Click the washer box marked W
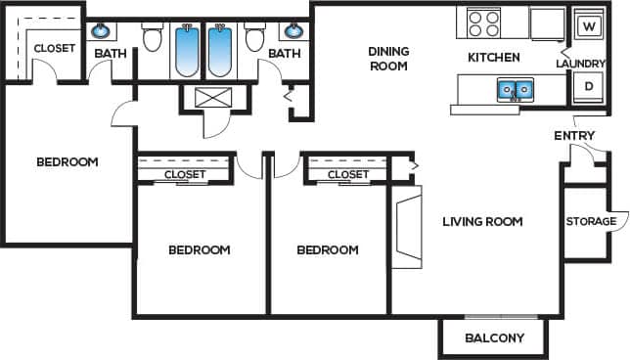pos(588,25)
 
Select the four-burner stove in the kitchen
pos(482,22)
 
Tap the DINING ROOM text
pos(387,59)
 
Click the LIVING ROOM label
pos(482,221)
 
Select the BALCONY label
pos(494,338)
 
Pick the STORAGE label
pos(591,221)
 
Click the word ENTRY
pos(574,135)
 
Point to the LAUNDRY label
pos(579,64)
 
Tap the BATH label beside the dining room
pos(284,54)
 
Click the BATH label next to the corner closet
pos(111,54)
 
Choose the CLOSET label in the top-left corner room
pos(54,48)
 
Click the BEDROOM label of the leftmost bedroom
pos(67,161)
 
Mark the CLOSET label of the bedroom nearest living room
pos(347,174)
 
